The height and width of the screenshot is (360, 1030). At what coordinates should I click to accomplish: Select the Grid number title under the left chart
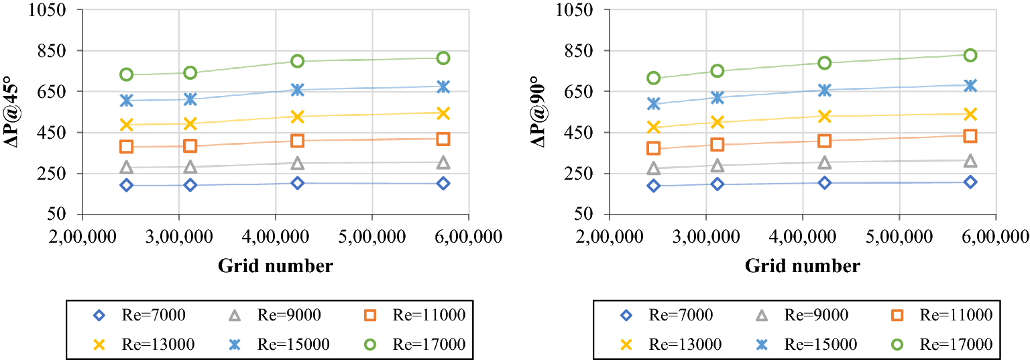[x=275, y=266]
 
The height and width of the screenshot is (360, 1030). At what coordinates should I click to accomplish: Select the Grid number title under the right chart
[x=802, y=266]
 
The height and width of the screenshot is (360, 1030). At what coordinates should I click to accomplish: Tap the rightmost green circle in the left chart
[x=443, y=58]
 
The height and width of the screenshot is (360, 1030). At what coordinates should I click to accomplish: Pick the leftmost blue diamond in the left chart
[x=126, y=185]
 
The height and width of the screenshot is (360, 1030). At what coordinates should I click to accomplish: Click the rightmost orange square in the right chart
[x=970, y=136]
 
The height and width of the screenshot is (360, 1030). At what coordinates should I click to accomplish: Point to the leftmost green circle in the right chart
[x=653, y=78]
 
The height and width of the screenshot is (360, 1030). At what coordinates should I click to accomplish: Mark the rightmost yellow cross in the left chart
[x=443, y=113]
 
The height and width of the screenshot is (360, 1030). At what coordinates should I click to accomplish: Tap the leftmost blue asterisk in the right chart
[x=653, y=103]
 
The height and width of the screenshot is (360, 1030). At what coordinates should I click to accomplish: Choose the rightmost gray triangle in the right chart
[x=970, y=161]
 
